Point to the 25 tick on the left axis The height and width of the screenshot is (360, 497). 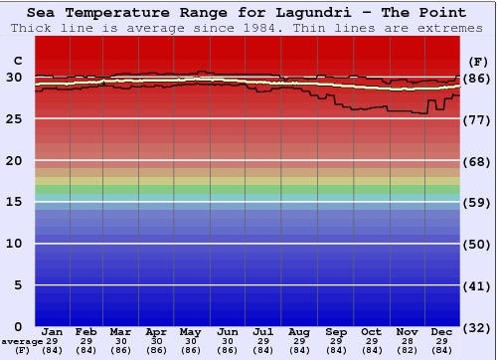point(14,119)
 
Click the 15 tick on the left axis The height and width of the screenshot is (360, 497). point(14,202)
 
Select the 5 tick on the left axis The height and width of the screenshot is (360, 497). point(18,285)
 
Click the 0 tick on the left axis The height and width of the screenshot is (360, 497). point(18,327)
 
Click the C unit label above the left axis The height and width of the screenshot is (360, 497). point(17,61)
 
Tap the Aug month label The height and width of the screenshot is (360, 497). point(298,331)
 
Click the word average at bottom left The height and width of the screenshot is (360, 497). point(22,341)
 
